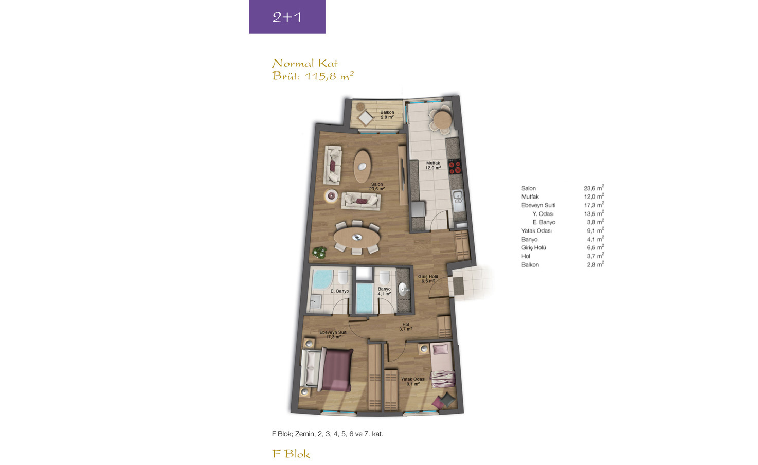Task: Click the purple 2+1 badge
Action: tap(287, 16)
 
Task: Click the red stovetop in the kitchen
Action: tap(455, 166)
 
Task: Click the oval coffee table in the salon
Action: tap(362, 166)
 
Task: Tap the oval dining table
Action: tap(357, 238)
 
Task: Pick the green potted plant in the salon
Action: tap(319, 252)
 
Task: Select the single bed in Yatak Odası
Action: tap(442, 365)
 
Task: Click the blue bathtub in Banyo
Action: tap(365, 298)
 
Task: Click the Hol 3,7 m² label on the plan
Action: tap(405, 327)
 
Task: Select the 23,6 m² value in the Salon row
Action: tap(593, 188)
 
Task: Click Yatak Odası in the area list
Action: tap(536, 231)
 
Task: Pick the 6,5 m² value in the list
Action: tap(595, 247)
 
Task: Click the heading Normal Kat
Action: tap(304, 63)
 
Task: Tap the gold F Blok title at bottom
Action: tap(291, 454)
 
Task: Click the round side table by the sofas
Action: tap(331, 195)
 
